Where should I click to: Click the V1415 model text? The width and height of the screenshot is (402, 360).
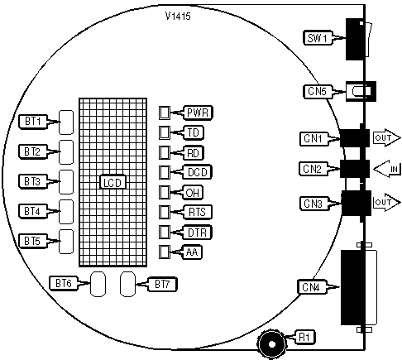point(178,16)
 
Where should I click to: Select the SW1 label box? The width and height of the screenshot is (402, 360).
point(318,38)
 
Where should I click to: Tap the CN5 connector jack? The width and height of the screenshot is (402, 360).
point(361,91)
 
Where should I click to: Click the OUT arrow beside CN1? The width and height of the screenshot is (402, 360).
point(386,137)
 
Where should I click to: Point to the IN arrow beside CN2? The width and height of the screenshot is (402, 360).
point(387,169)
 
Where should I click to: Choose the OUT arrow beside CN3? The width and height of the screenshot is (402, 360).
point(386,203)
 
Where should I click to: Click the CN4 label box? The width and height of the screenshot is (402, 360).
point(312,287)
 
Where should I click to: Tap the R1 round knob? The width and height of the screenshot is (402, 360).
point(271,344)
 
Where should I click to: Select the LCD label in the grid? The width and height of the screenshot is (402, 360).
point(112,182)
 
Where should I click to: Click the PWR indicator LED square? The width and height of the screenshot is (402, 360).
point(165,113)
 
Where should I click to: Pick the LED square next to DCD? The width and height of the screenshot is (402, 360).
point(165,172)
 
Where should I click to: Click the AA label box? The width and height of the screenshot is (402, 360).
point(192,252)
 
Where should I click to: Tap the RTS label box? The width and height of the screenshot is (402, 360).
point(197,212)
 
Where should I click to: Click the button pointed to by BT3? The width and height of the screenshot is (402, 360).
point(66,182)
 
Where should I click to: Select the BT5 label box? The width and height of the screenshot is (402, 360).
point(33,241)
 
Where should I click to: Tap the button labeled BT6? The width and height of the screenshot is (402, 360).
point(98,284)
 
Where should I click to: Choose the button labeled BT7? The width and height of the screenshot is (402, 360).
point(128,284)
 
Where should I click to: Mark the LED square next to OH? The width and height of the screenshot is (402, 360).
point(165,192)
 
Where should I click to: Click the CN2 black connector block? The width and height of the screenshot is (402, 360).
point(355,169)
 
